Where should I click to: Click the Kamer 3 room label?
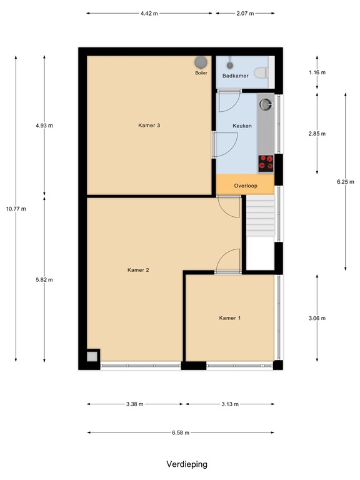tap(149, 126)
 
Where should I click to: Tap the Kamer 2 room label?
tap(138, 270)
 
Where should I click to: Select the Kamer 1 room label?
tap(229, 318)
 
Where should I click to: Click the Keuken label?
tap(242, 126)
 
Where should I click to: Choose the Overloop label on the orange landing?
tap(245, 186)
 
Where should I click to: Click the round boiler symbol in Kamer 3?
tap(201, 62)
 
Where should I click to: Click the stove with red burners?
tap(266, 162)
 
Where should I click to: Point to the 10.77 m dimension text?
tap(16, 209)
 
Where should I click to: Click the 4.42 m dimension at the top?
tap(149, 13)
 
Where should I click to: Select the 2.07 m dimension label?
tap(246, 13)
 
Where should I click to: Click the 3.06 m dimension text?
tap(317, 318)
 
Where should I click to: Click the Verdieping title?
tap(186, 464)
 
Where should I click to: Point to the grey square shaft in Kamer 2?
tap(92, 356)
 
